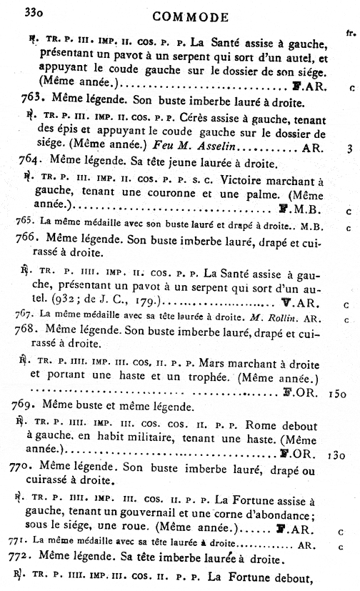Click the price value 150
[x=338, y=392]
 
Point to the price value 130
[x=338, y=453]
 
